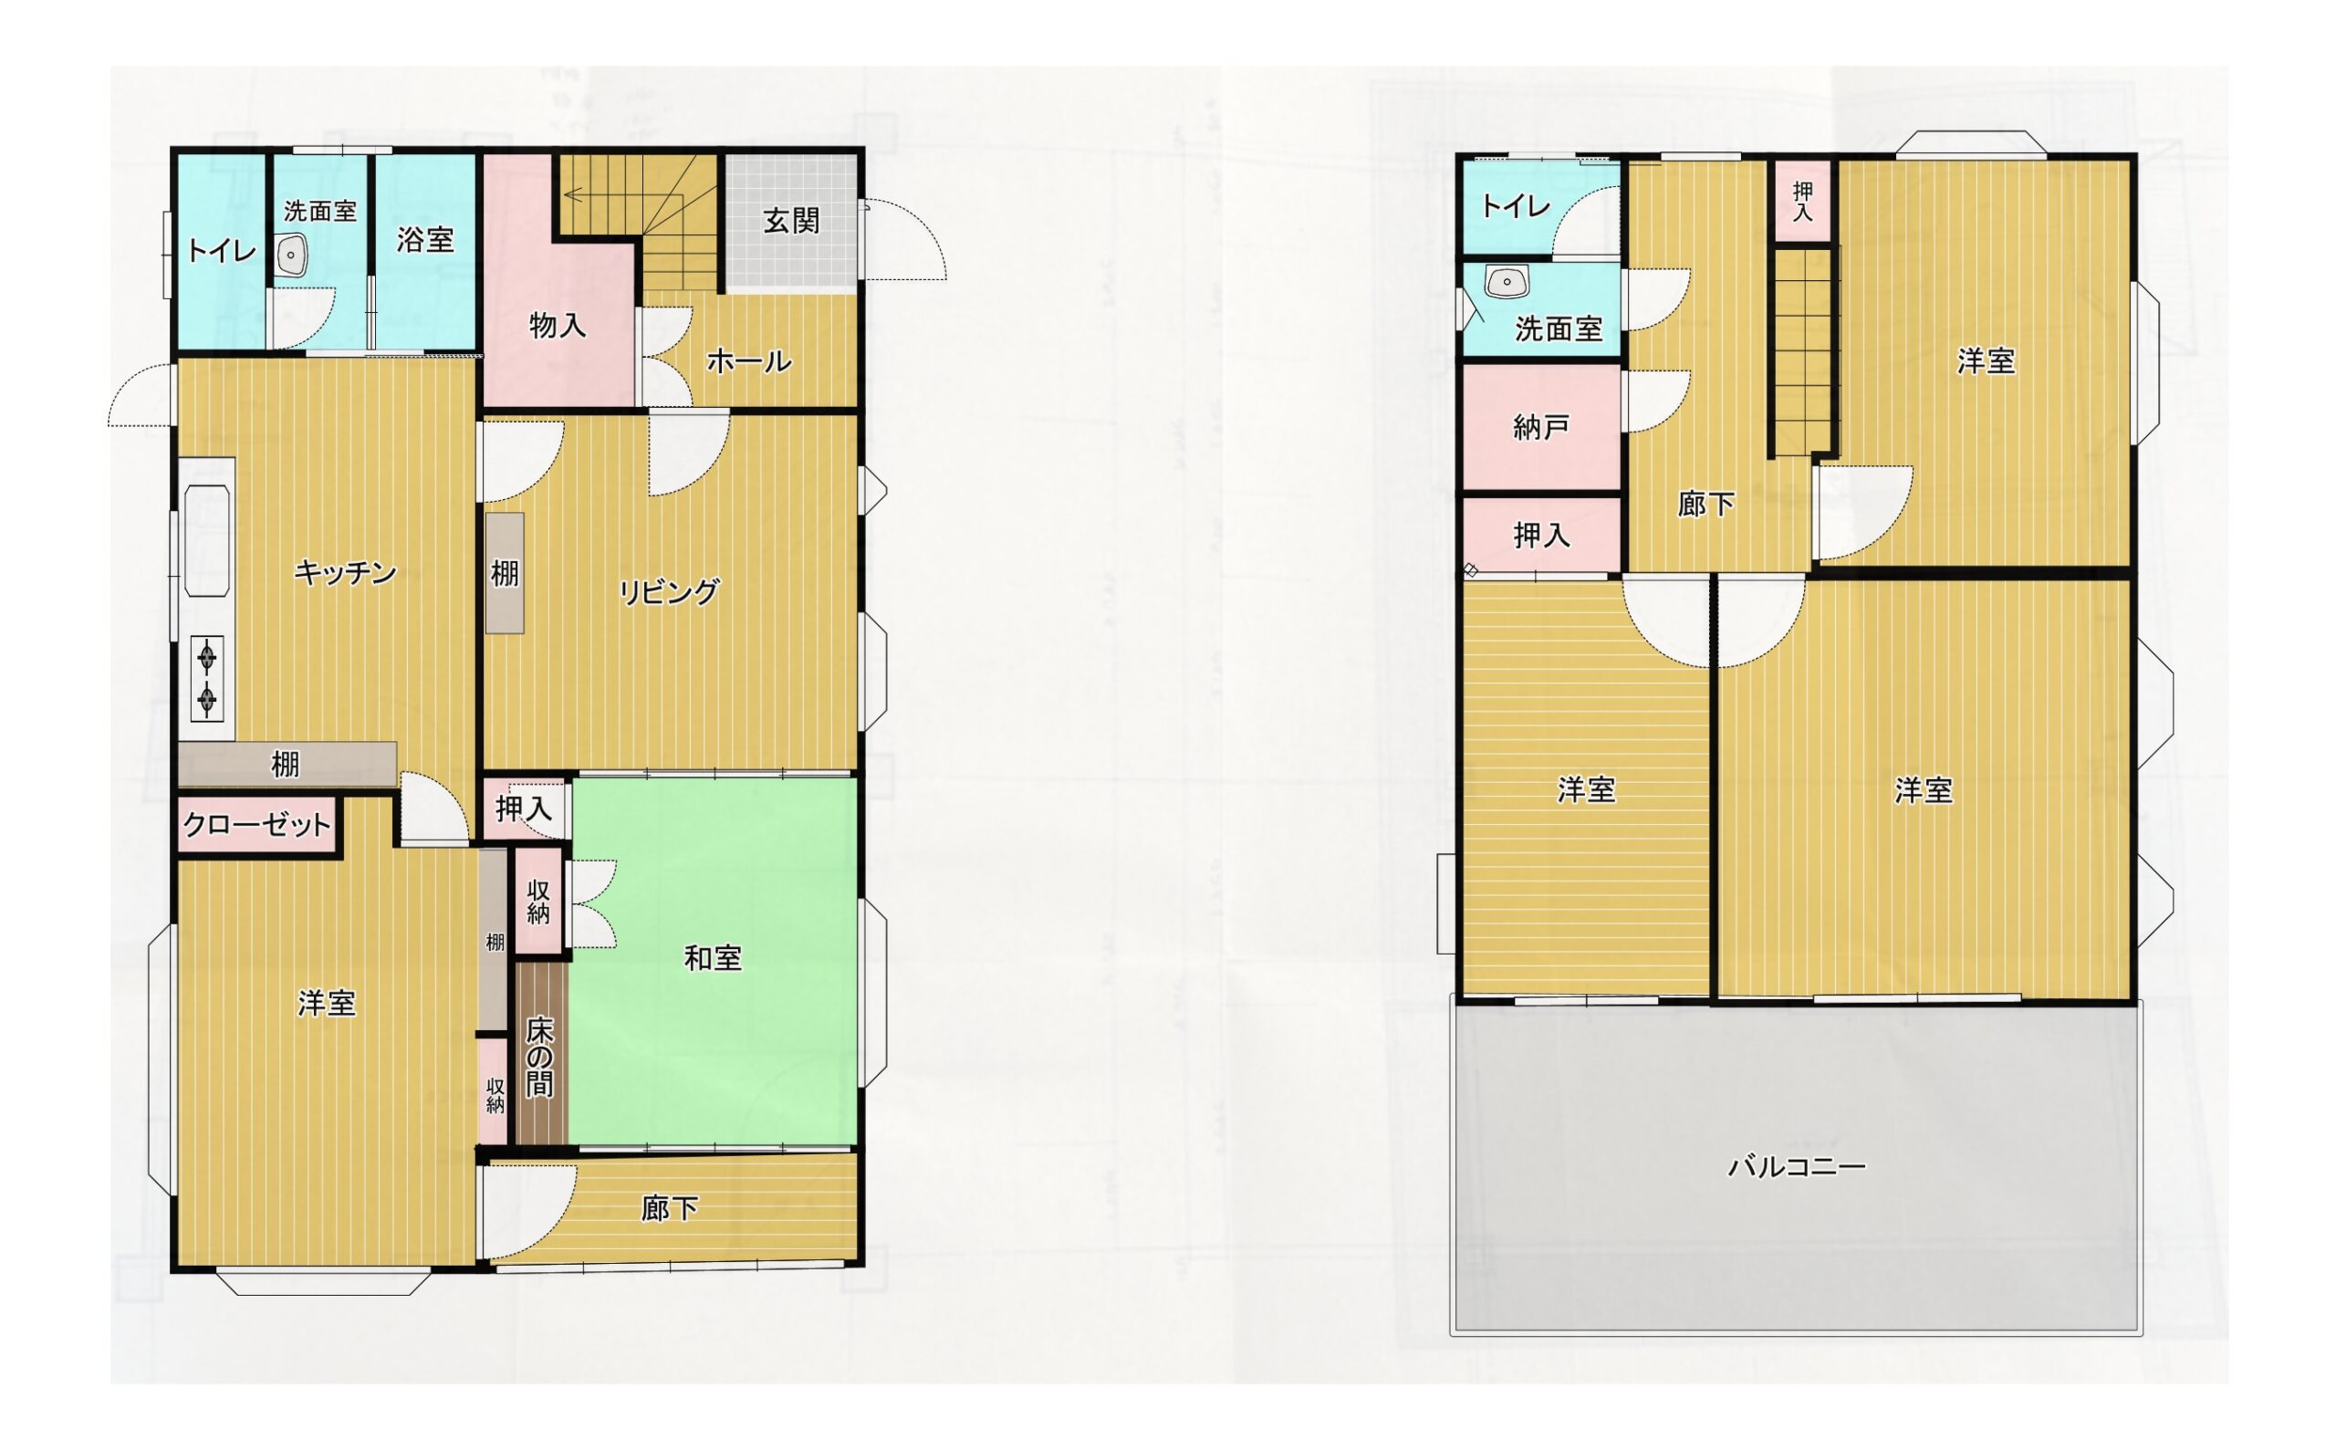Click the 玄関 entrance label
click(x=791, y=222)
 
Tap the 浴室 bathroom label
click(x=425, y=240)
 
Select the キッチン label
click(x=345, y=572)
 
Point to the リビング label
click(x=668, y=591)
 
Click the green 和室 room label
click(x=713, y=958)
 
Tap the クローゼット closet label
click(x=256, y=825)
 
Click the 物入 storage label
click(x=558, y=326)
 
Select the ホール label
click(x=749, y=361)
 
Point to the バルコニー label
click(x=1796, y=1167)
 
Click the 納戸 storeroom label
click(x=1541, y=427)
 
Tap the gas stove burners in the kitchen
click(x=208, y=678)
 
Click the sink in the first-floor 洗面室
click(x=290, y=256)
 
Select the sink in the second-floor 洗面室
click(x=1507, y=283)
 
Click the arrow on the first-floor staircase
click(x=623, y=195)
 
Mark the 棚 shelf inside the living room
click(x=506, y=573)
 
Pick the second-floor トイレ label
click(x=1515, y=206)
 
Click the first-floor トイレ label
click(x=222, y=251)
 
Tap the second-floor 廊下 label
click(x=1705, y=504)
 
